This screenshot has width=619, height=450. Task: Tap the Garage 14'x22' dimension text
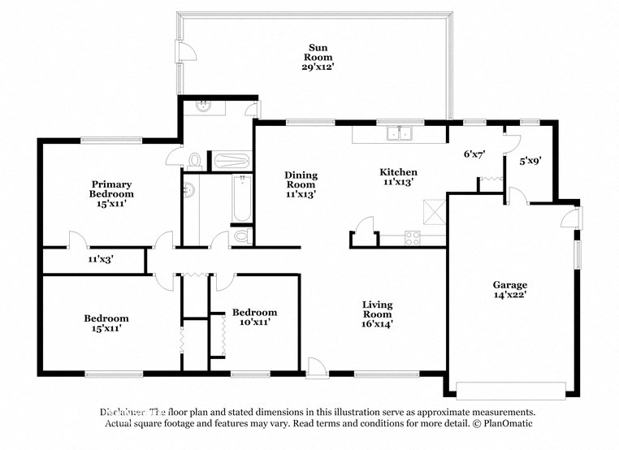(509, 296)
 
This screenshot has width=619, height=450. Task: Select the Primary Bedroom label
(111, 189)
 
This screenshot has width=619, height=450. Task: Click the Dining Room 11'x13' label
(301, 185)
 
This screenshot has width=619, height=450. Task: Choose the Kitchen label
(399, 172)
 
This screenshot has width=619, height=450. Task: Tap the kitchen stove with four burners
(412, 238)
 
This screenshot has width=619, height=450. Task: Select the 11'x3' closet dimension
(101, 260)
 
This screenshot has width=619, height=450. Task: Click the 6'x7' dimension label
(473, 154)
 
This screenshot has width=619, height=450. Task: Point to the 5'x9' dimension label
(530, 161)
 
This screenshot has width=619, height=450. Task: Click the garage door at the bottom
(509, 388)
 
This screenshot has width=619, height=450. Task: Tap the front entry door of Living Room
(317, 369)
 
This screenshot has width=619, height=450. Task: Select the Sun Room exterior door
(186, 50)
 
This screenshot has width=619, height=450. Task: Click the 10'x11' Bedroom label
(254, 318)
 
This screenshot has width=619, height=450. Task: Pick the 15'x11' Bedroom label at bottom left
(106, 323)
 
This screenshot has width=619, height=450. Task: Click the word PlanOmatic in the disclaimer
(504, 423)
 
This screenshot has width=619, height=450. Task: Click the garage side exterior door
(572, 218)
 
